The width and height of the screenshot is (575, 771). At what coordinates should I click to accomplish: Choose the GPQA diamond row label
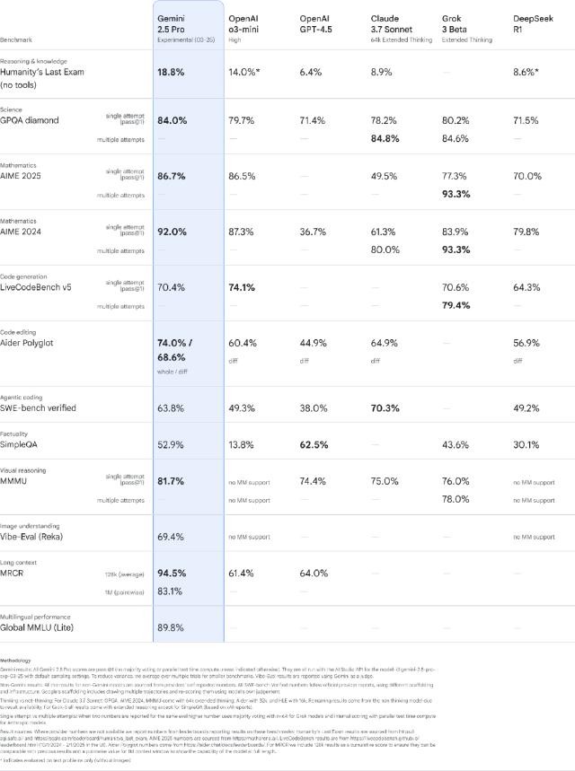(x=30, y=120)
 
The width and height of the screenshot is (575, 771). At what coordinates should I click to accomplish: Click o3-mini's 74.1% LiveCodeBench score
(x=243, y=287)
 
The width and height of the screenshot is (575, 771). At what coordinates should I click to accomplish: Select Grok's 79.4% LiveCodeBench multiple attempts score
(x=457, y=305)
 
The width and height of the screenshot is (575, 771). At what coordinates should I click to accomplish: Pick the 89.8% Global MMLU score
(x=172, y=627)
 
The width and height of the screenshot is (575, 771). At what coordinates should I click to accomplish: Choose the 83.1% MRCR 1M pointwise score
(x=171, y=591)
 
